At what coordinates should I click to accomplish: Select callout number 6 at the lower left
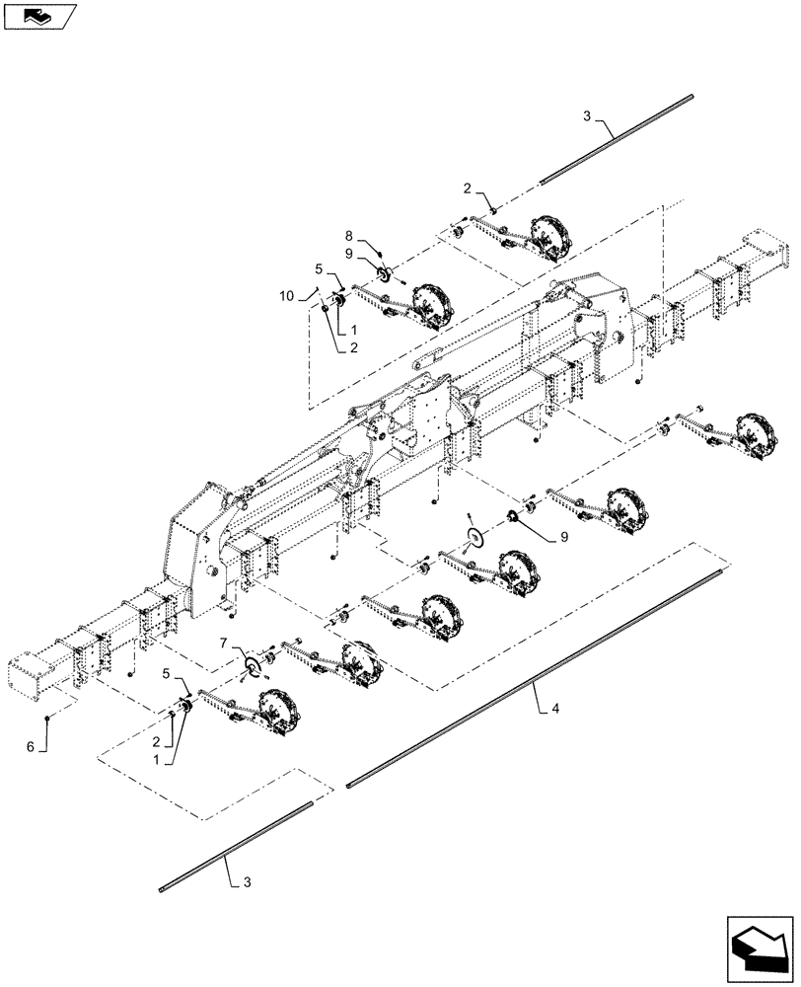click(31, 749)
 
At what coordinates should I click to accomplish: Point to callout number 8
click(350, 236)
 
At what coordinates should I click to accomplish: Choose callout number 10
click(286, 295)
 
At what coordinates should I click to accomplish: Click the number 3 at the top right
click(587, 116)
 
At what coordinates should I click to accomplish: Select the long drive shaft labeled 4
click(533, 678)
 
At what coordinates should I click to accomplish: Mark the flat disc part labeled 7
click(255, 666)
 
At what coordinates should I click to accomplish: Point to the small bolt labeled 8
click(377, 249)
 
